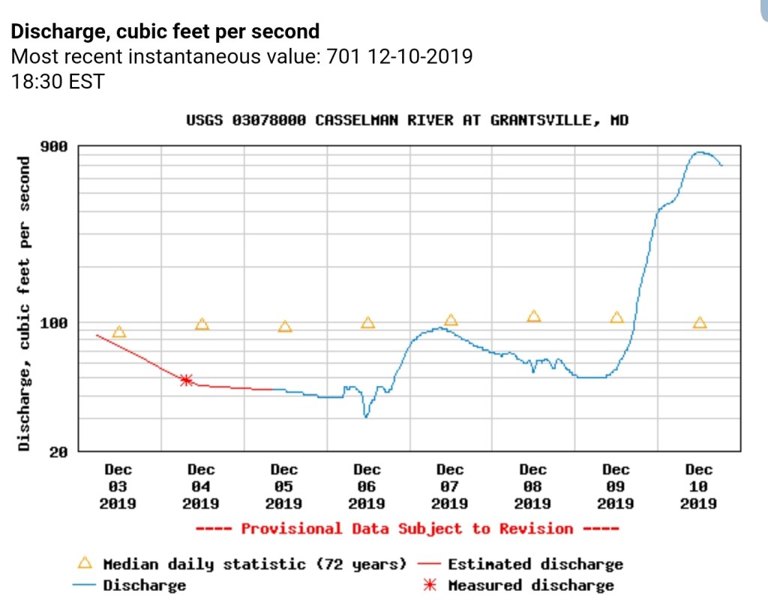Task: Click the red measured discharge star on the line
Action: pos(186,380)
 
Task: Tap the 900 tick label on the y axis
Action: pos(53,146)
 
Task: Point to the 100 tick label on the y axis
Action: pos(53,323)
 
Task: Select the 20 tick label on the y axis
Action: pos(58,451)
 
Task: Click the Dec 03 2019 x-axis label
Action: pos(118,486)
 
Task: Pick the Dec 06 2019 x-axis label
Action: pos(367,486)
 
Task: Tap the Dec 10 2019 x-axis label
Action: pos(698,486)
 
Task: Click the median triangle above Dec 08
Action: pos(534,316)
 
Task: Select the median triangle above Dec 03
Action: pos(118,332)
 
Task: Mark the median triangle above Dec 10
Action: pos(700,323)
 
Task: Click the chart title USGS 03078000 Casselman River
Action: pos(407,120)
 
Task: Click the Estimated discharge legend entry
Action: pos(535,564)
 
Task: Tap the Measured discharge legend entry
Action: pos(530,585)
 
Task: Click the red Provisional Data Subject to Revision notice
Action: pos(407,529)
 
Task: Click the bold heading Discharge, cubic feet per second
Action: pos(164,32)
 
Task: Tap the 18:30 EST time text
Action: pos(57,81)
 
